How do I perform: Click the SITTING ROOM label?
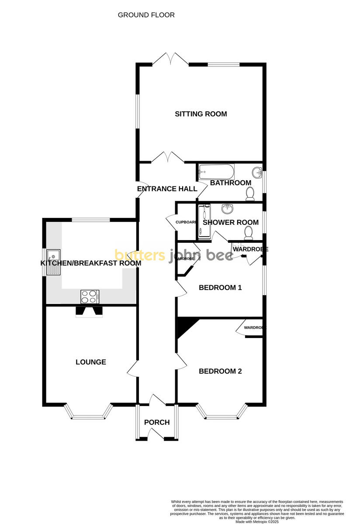(x=201, y=114)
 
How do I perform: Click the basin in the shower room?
(x=227, y=209)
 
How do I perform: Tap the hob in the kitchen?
(x=90, y=296)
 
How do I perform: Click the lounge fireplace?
(x=89, y=311)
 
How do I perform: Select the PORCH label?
(x=157, y=422)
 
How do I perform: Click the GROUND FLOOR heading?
(x=146, y=15)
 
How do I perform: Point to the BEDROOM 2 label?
(x=220, y=372)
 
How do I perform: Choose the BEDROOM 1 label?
(x=220, y=288)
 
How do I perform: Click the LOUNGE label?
(x=91, y=362)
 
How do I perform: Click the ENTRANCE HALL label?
(x=167, y=189)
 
